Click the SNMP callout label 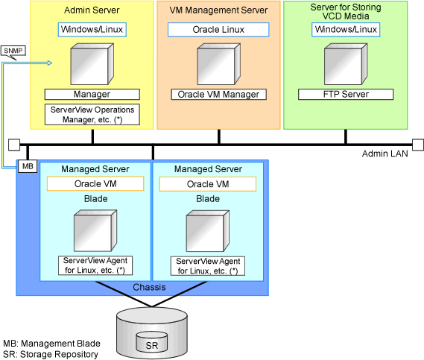click(13, 51)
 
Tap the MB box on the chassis click(28, 166)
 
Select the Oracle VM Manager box click(218, 95)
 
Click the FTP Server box click(346, 95)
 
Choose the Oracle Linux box click(218, 30)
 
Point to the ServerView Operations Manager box click(92, 115)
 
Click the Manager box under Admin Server click(92, 95)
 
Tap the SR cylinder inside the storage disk click(152, 342)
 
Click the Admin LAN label click(385, 154)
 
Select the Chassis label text click(149, 287)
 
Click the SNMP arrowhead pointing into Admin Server click(50, 63)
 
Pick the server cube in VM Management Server click(219, 64)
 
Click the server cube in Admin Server click(92, 64)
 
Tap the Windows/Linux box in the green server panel click(346, 30)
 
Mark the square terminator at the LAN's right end click(418, 145)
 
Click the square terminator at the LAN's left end click(14, 145)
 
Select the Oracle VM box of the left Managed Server click(95, 184)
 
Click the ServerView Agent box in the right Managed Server click(208, 266)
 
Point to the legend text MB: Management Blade click(51, 344)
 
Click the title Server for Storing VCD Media click(346, 12)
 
